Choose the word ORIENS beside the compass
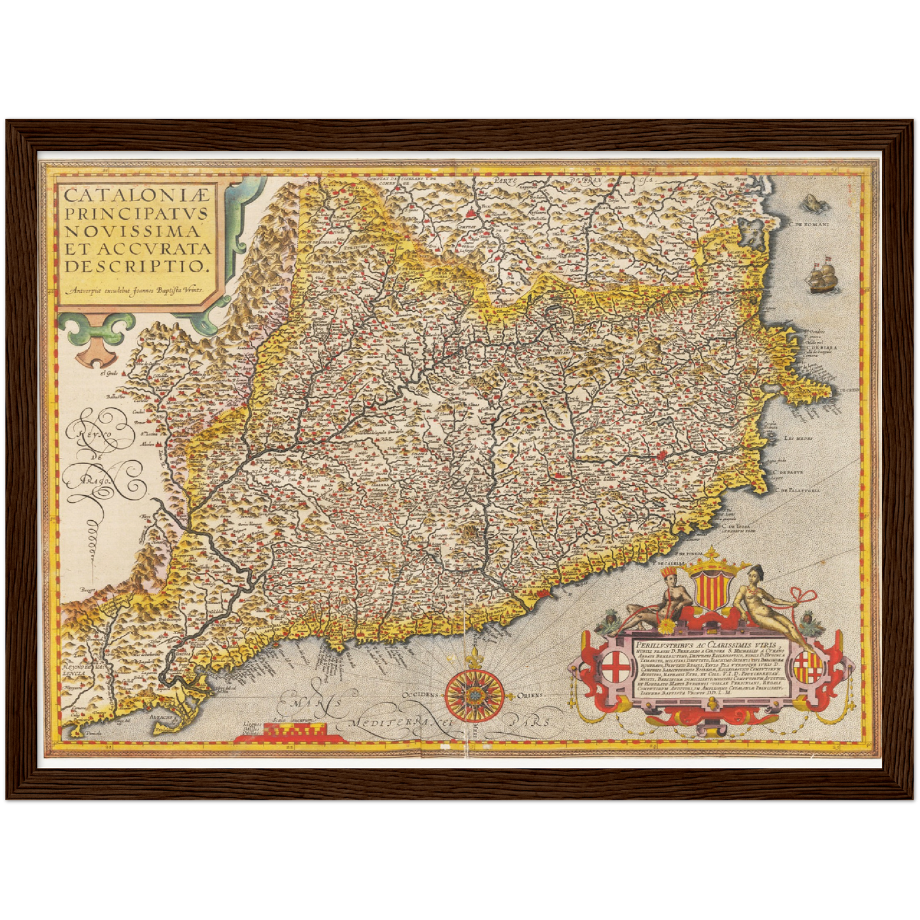(530, 695)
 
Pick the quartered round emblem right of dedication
(807, 667)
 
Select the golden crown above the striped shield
(707, 559)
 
